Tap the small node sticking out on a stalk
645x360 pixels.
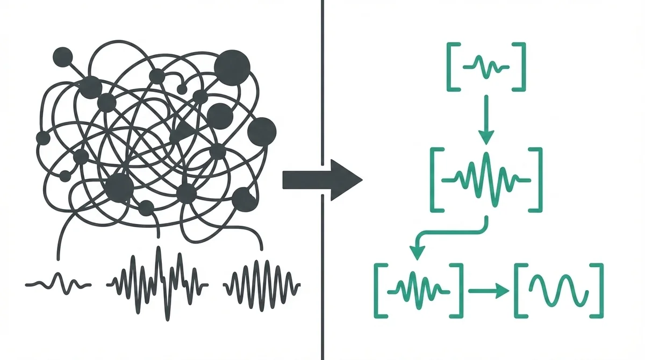(x=63, y=55)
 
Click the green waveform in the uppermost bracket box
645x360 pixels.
(x=485, y=67)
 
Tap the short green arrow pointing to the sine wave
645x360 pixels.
(x=488, y=290)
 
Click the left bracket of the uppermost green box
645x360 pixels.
(x=451, y=67)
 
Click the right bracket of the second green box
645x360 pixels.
(x=537, y=178)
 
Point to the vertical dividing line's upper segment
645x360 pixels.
(x=321, y=75)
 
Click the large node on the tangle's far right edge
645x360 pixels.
(x=263, y=130)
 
